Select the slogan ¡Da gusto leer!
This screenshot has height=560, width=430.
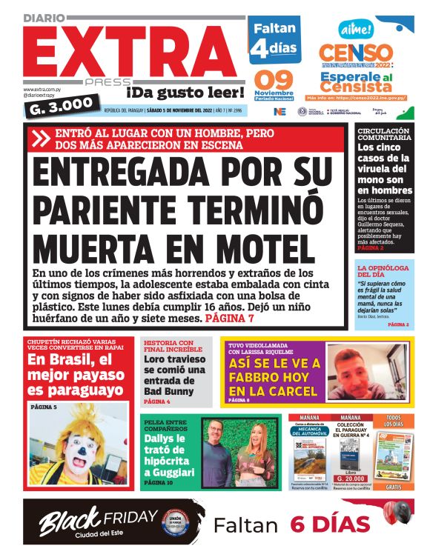click(x=185, y=93)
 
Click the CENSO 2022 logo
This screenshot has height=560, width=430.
click(x=355, y=53)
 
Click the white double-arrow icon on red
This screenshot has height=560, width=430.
click(x=40, y=139)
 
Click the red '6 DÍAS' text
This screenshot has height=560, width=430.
click(x=329, y=524)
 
